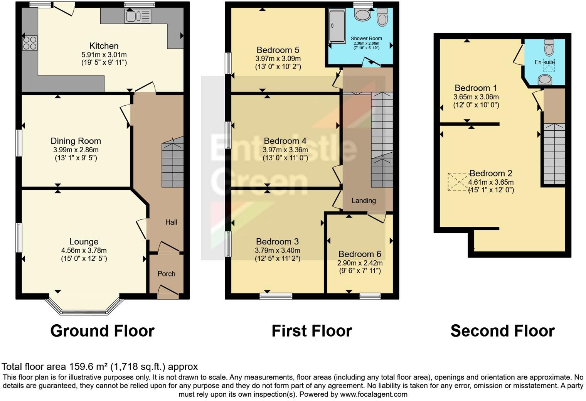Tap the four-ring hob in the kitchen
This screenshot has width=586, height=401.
[30, 43]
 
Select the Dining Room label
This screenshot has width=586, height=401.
[76, 141]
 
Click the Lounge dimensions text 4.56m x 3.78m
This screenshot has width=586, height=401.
[84, 250]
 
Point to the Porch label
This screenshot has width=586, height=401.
[166, 274]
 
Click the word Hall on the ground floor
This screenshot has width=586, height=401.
[171, 222]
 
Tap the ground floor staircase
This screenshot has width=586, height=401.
[172, 164]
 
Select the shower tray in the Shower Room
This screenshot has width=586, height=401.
[337, 26]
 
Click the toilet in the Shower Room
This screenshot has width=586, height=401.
[382, 17]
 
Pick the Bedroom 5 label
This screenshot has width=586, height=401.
[278, 50]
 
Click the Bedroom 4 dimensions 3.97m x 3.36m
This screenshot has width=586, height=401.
[285, 150]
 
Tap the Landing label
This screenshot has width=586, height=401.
[363, 200]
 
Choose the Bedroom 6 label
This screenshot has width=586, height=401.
[360, 254]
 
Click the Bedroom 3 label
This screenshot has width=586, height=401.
[277, 242]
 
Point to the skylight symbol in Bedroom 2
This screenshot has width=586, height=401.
[459, 182]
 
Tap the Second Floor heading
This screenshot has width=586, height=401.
[502, 331]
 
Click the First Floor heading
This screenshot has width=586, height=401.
[312, 331]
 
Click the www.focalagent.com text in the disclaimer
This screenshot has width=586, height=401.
[374, 394]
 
